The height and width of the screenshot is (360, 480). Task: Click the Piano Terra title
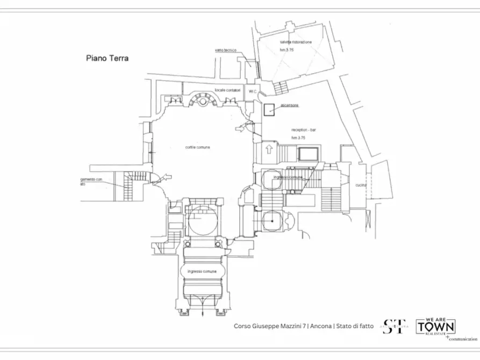pos(107,57)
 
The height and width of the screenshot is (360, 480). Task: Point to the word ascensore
pos(289,105)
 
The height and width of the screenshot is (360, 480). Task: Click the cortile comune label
pos(198,147)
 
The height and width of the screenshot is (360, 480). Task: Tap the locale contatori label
pos(224,90)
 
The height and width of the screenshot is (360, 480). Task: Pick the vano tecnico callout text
pos(226,50)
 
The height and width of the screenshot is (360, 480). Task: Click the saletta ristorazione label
pos(295,41)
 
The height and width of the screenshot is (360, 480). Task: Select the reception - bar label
pos(304,131)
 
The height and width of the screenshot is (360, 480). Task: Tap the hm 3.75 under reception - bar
pos(299,138)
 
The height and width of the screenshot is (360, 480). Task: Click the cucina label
pos(360,185)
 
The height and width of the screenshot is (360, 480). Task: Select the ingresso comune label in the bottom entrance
pos(202,272)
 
